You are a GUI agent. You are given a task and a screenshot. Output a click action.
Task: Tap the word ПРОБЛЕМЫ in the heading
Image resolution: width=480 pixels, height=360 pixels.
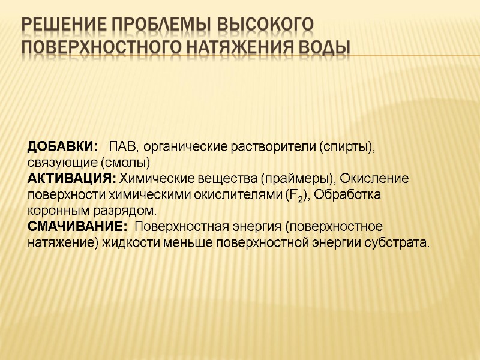(158, 25)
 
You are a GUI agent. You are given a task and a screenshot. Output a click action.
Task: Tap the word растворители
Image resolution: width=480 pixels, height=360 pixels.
(272, 146)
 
